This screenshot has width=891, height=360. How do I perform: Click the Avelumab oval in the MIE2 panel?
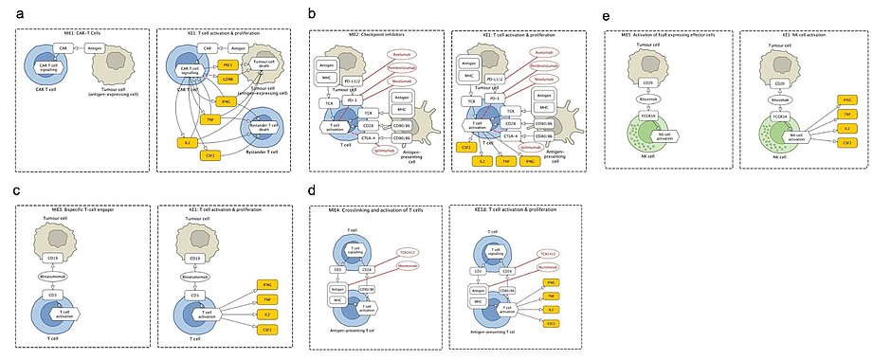[405, 54]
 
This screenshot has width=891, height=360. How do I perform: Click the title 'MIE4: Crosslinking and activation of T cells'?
[377, 218]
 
